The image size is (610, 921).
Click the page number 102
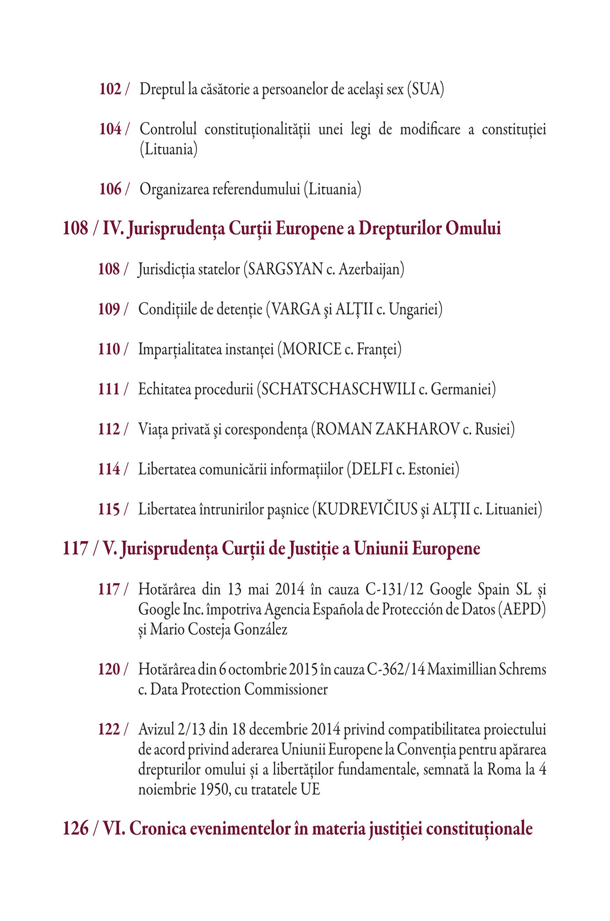[110, 89]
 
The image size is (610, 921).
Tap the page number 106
[110, 189]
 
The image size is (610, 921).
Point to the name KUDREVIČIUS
[367, 509]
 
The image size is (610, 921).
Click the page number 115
[109, 509]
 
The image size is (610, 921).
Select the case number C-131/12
[394, 589]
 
